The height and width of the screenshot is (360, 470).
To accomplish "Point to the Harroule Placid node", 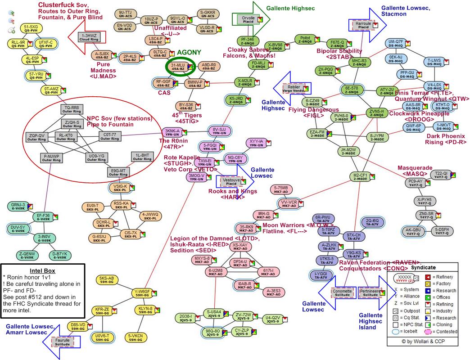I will [363, 24].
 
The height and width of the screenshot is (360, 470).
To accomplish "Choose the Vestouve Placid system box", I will [231, 181].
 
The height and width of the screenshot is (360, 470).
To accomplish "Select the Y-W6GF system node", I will [142, 292].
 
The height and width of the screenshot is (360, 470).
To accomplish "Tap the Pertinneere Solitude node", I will [370, 292].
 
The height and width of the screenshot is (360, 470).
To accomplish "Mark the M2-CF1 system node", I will [360, 176].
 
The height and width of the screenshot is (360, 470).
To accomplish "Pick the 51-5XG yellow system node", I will [31, 29].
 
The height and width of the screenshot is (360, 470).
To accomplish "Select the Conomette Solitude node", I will [342, 292].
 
